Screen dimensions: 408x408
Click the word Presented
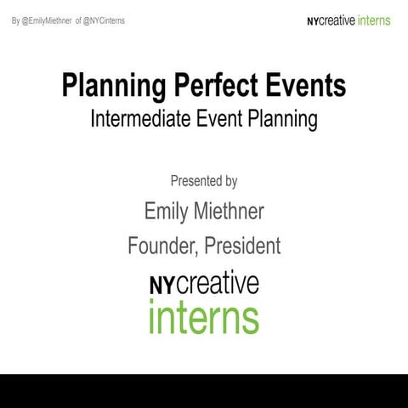click(195, 181)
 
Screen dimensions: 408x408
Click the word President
click(240, 246)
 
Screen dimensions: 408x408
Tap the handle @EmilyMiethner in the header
click(49, 20)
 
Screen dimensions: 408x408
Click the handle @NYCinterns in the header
click(105, 20)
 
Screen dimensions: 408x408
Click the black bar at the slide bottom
click(204, 390)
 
